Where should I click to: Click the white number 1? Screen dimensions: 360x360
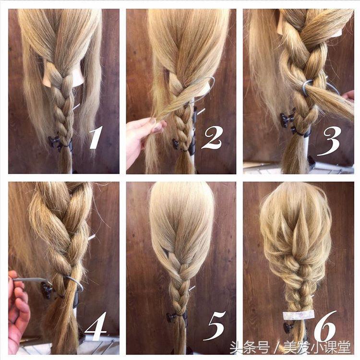pos(96,137)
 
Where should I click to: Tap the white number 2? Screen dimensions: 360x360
pos(212,138)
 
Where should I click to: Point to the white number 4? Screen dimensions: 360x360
pos(96,326)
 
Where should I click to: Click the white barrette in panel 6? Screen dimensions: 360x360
pos(299,315)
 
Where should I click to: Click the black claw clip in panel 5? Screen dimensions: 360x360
pos(171,317)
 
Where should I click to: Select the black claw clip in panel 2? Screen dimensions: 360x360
pos(176,144)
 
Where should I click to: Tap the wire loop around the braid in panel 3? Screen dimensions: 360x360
pos(307,87)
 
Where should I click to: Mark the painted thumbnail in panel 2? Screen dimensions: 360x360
pos(153,120)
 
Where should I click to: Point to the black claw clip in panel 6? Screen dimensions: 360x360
pos(289,327)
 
